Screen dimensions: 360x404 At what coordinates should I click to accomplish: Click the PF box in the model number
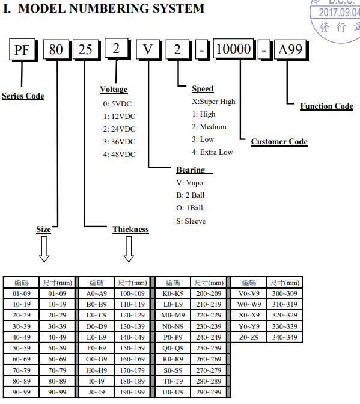click(22, 49)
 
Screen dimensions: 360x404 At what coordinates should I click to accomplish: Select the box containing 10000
click(234, 49)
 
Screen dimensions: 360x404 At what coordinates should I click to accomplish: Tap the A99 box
click(290, 49)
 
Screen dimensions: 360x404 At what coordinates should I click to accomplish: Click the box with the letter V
click(148, 49)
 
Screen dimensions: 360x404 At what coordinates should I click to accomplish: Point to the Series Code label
click(23, 96)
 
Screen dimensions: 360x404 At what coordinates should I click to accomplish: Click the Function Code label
click(327, 106)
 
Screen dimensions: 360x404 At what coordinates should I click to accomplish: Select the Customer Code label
click(279, 142)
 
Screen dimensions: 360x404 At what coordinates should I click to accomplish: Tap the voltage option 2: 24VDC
click(119, 129)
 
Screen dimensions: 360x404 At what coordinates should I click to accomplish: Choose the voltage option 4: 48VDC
click(119, 155)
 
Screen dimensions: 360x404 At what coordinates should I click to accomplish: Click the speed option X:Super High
click(213, 102)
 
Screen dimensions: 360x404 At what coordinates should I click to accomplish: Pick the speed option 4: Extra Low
click(212, 152)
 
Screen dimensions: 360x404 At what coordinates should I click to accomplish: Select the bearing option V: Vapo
click(190, 183)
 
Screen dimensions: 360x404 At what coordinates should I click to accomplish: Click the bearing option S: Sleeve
click(191, 221)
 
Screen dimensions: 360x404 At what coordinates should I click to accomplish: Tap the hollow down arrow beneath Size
click(44, 249)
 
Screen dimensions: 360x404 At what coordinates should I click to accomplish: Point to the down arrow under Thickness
click(129, 249)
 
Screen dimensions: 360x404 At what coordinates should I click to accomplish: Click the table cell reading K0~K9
click(173, 293)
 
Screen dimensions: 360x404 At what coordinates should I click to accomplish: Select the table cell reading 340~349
click(285, 337)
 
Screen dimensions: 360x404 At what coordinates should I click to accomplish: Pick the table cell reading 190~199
click(132, 392)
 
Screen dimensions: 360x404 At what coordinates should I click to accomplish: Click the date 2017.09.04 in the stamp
click(340, 13)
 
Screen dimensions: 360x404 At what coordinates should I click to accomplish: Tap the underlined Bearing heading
click(191, 170)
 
